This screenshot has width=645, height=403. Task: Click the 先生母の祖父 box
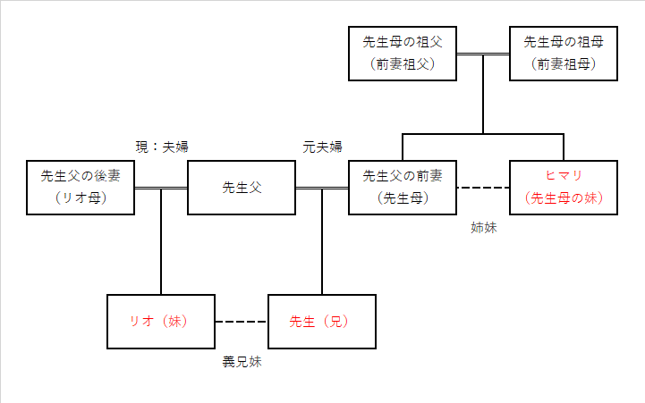click(x=403, y=54)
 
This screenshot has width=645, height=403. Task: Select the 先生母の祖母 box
click(x=563, y=54)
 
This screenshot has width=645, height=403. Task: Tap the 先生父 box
click(x=241, y=188)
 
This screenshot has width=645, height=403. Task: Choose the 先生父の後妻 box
click(x=81, y=188)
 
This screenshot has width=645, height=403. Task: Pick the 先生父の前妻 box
click(x=403, y=188)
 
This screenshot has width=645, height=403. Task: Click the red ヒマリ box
click(x=563, y=188)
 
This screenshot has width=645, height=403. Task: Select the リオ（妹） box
click(x=160, y=322)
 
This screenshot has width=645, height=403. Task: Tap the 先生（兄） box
click(x=321, y=322)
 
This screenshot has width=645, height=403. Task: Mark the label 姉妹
click(x=484, y=228)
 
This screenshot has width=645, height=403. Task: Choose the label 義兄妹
click(x=242, y=362)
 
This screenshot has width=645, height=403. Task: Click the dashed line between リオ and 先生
click(x=242, y=322)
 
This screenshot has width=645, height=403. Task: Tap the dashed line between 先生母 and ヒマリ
click(x=483, y=188)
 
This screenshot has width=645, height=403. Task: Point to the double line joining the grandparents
click(x=483, y=55)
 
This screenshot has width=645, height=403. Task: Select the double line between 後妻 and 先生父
click(x=161, y=188)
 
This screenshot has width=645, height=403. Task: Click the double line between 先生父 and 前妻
click(x=322, y=188)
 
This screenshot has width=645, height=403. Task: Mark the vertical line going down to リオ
click(x=161, y=241)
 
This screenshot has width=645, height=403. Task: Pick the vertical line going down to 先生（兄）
click(x=322, y=241)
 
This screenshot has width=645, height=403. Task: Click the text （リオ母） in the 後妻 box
click(x=81, y=198)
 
